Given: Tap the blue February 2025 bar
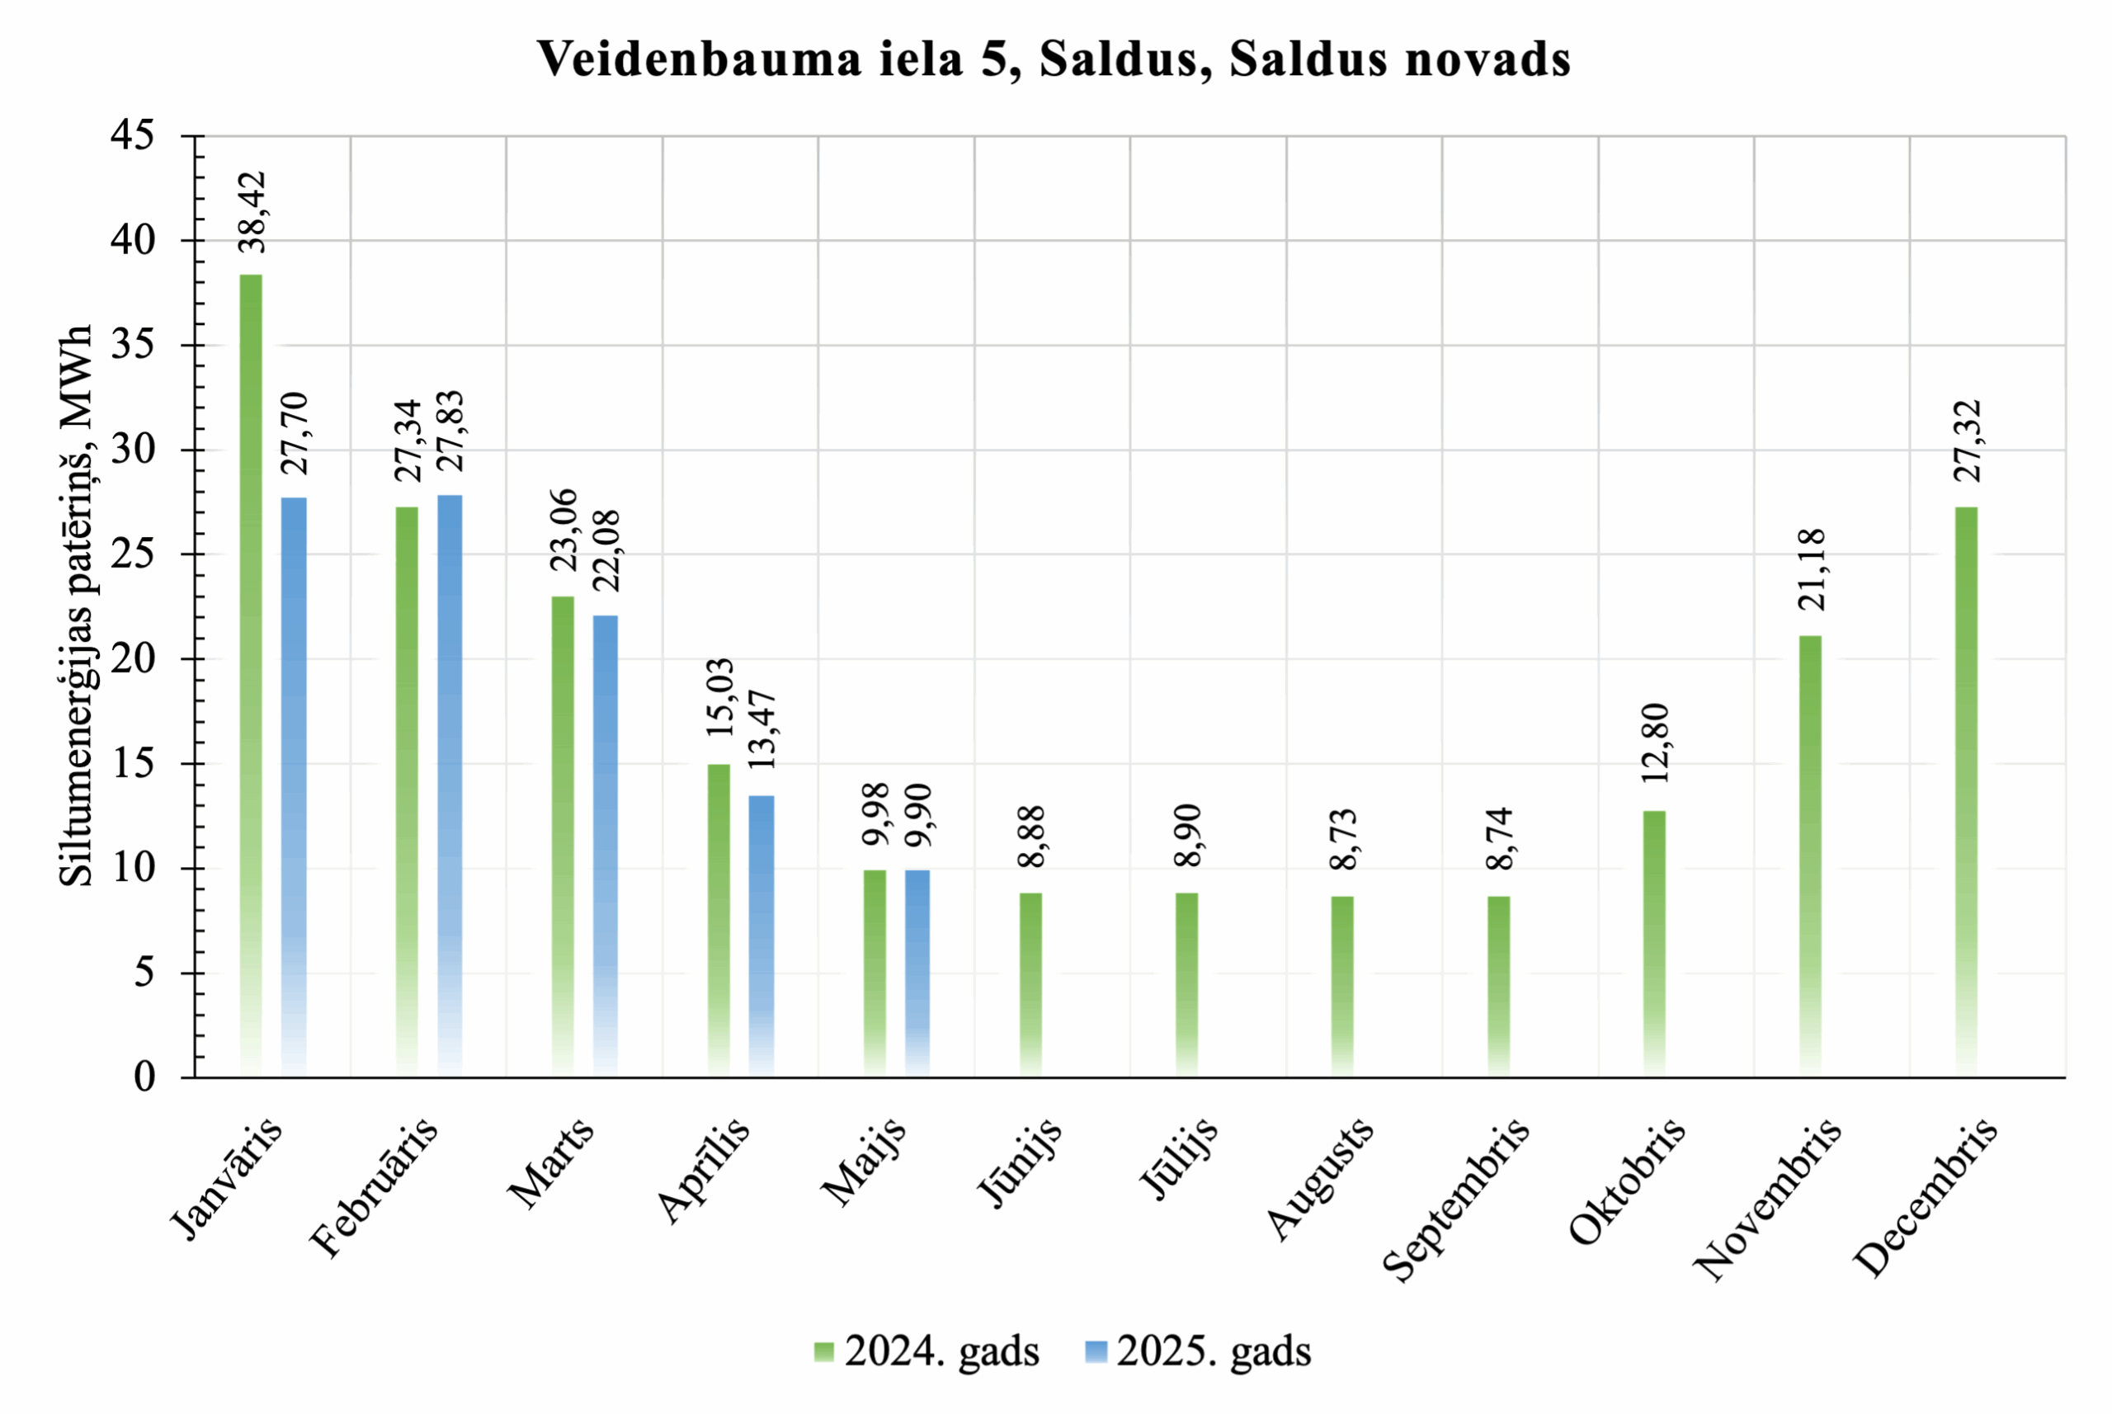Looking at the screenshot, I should [450, 785].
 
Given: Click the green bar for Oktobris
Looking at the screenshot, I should [1654, 943].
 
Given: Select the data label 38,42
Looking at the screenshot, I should [252, 213].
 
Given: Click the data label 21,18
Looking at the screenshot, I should [1811, 570].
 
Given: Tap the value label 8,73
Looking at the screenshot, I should [1344, 840].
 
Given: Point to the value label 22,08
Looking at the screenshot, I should [607, 551].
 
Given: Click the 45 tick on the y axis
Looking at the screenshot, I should [133, 135].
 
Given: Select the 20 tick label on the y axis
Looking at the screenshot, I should [133, 658].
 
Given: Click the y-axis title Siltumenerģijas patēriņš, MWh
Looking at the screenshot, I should [76, 605].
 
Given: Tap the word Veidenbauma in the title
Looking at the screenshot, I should [699, 59].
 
